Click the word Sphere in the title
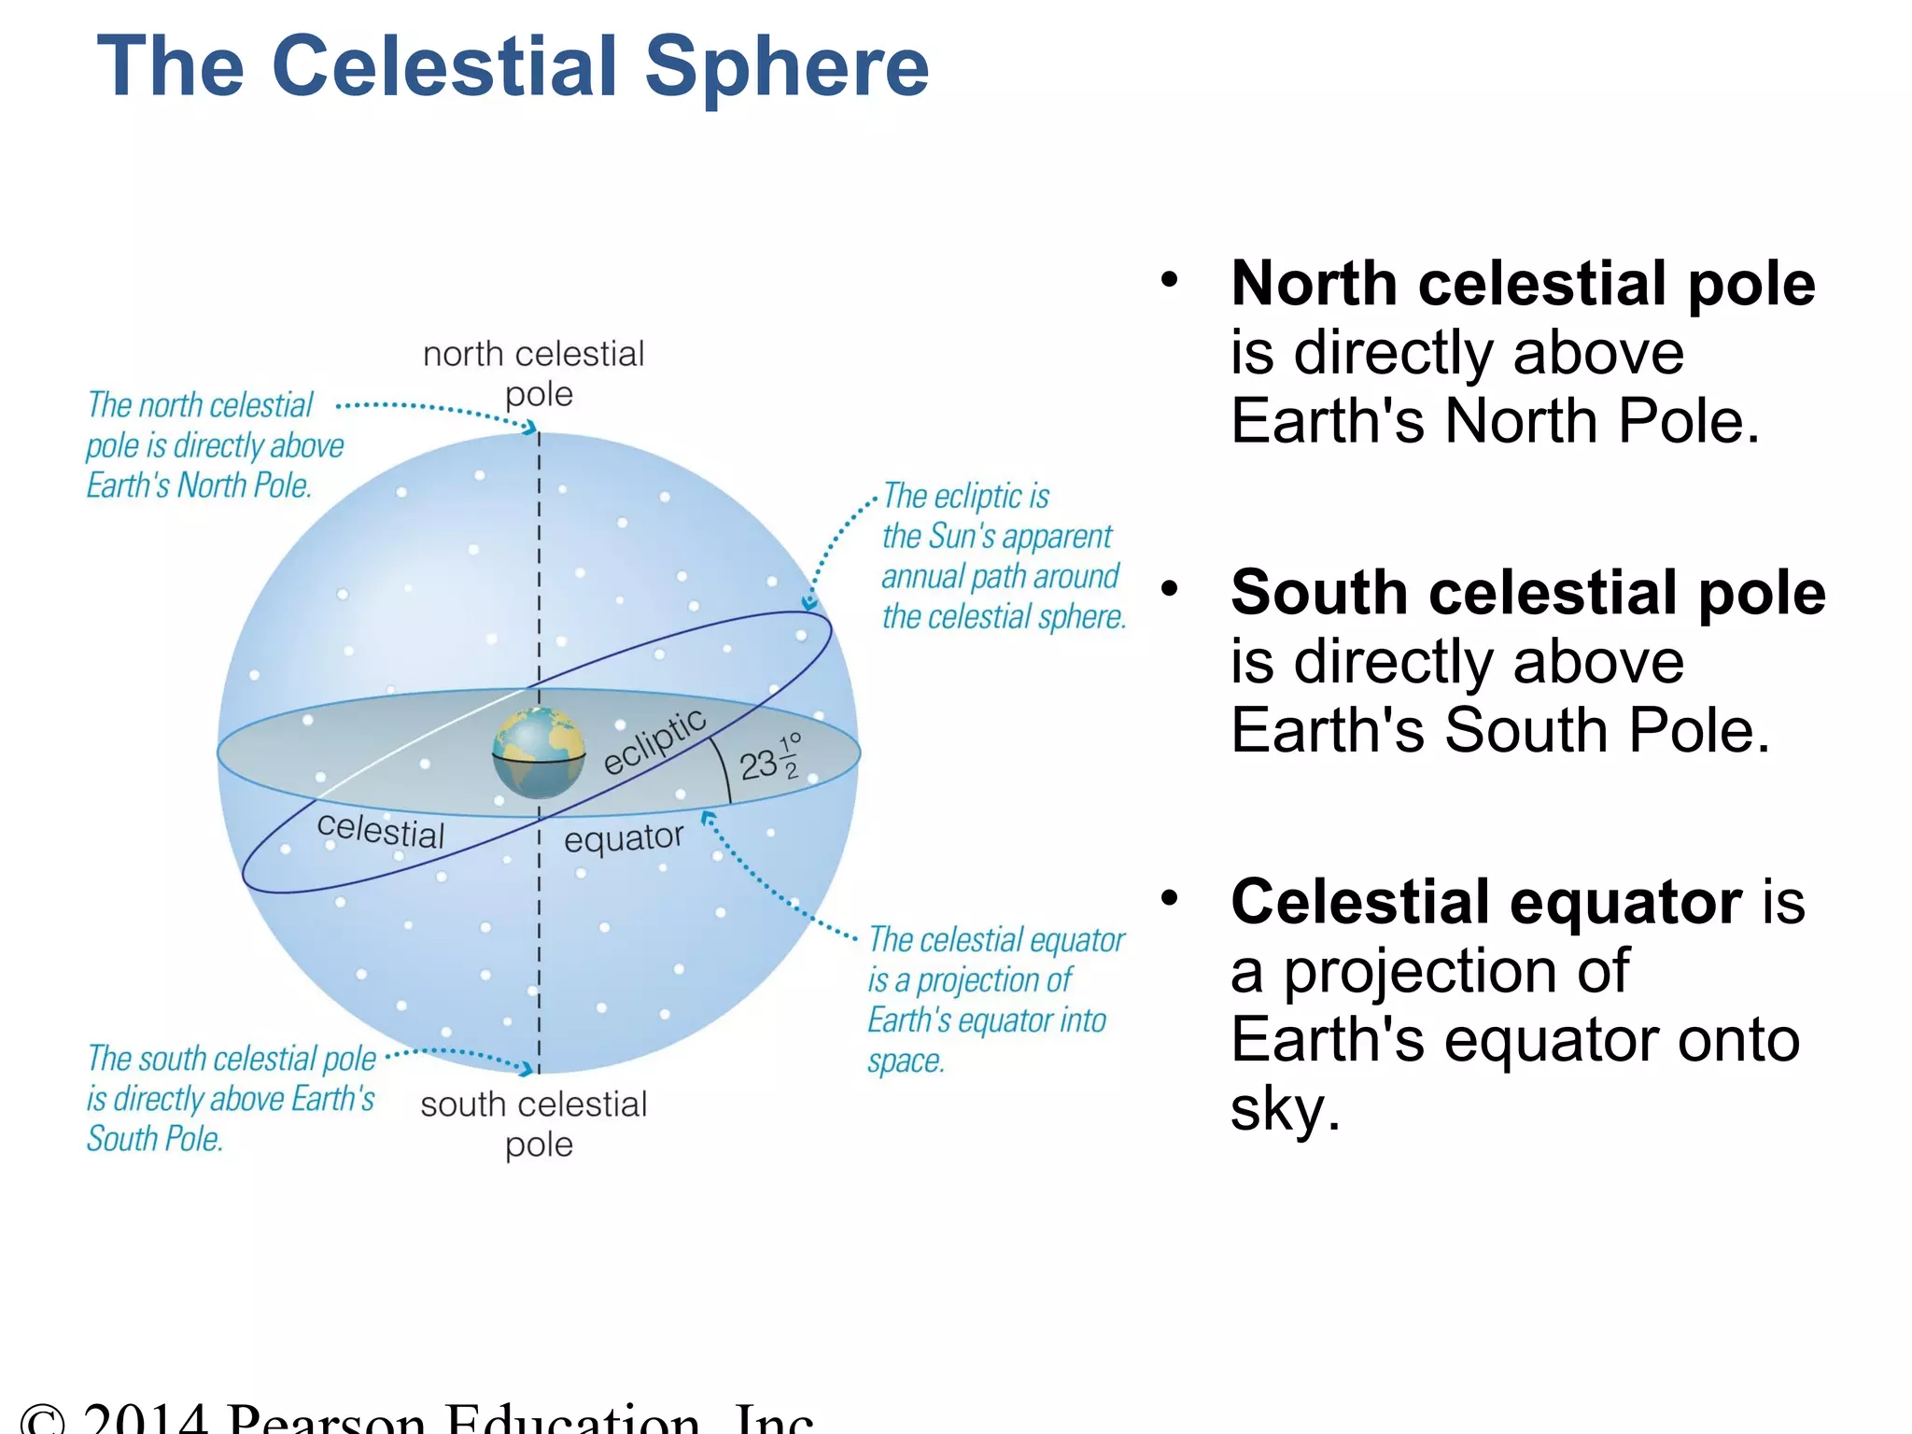(787, 67)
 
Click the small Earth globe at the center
(539, 752)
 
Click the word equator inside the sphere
(624, 838)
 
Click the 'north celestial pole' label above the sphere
(534, 373)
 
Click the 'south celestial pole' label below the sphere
(534, 1123)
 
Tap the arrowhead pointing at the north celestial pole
(530, 429)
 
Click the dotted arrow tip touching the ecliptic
(809, 603)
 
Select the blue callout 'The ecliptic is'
(966, 496)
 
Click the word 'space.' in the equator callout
(906, 1061)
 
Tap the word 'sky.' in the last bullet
(1285, 1109)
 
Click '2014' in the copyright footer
(145, 1419)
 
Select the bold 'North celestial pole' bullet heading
(1523, 283)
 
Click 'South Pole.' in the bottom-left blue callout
(155, 1139)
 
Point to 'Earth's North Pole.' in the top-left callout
(199, 485)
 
